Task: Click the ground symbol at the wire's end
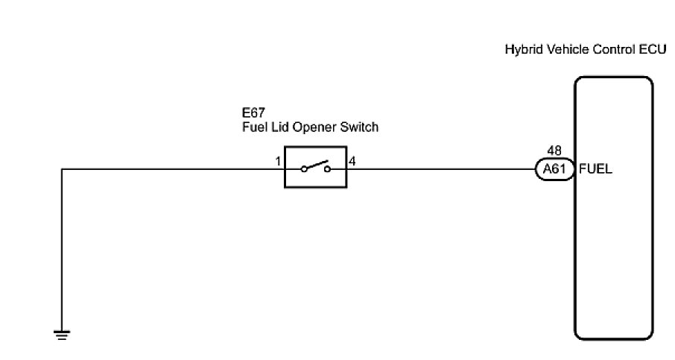pyautogui.click(x=62, y=334)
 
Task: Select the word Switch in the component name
pyautogui.click(x=360, y=127)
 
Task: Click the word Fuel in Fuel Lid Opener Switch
pyautogui.click(x=253, y=127)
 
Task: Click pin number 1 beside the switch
pyautogui.click(x=277, y=161)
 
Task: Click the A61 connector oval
pyautogui.click(x=555, y=169)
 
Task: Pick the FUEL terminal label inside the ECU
pyautogui.click(x=595, y=169)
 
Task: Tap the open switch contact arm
pyautogui.click(x=314, y=165)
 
